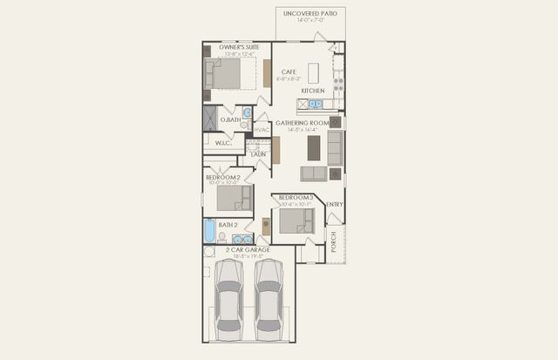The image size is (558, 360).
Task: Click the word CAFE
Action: pyautogui.click(x=289, y=71)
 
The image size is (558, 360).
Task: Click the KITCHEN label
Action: pyautogui.click(x=313, y=91)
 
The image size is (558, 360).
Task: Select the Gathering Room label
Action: pyautogui.click(x=301, y=123)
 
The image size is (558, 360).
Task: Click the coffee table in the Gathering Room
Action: pyautogui.click(x=314, y=149)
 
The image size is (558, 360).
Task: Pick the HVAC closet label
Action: pyautogui.click(x=262, y=131)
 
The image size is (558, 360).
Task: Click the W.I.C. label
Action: pyautogui.click(x=222, y=144)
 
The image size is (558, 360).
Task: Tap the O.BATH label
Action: pyautogui.click(x=230, y=119)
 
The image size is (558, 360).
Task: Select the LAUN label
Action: pyautogui.click(x=258, y=154)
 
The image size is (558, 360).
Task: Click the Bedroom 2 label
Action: pyautogui.click(x=222, y=177)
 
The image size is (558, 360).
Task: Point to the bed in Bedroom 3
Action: pyautogui.click(x=297, y=220)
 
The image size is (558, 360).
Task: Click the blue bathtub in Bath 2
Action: pyautogui.click(x=209, y=231)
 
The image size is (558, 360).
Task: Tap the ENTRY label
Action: pyautogui.click(x=335, y=205)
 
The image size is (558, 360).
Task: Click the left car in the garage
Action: pyautogui.click(x=230, y=300)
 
